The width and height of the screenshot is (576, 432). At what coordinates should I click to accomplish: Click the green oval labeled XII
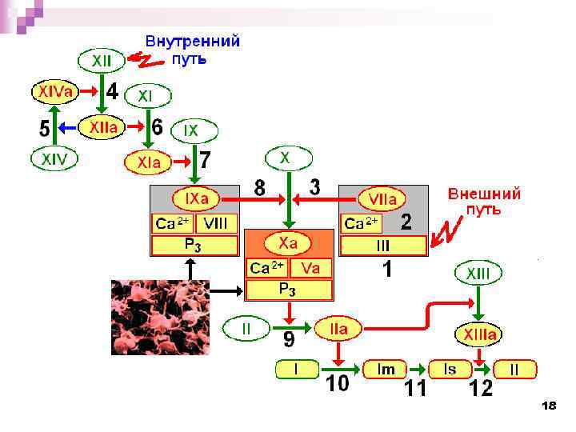tap(102, 60)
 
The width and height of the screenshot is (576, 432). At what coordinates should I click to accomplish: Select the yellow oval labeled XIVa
tap(55, 93)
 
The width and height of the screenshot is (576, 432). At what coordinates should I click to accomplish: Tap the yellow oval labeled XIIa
tap(103, 126)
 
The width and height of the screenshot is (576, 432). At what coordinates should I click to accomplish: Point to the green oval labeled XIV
tap(54, 159)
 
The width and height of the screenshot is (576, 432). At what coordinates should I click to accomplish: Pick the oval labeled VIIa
tap(382, 198)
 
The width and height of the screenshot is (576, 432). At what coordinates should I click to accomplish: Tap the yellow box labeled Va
tap(310, 268)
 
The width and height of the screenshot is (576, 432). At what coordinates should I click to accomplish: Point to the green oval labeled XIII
tap(478, 274)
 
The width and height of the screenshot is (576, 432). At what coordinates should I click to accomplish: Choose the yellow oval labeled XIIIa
tap(478, 333)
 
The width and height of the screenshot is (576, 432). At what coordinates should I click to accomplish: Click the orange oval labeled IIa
tap(338, 327)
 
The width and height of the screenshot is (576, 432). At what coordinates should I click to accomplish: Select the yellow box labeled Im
tap(387, 370)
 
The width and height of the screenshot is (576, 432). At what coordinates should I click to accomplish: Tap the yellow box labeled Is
tap(450, 370)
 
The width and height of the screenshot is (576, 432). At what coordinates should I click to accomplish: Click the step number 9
tap(289, 342)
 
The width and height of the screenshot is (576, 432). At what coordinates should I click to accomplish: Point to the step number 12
tap(481, 390)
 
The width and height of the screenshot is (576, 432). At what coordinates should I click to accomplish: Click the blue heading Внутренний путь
tap(192, 49)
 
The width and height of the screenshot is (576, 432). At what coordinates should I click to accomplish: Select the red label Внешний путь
tap(483, 202)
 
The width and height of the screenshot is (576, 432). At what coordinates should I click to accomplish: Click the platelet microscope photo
tap(160, 318)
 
